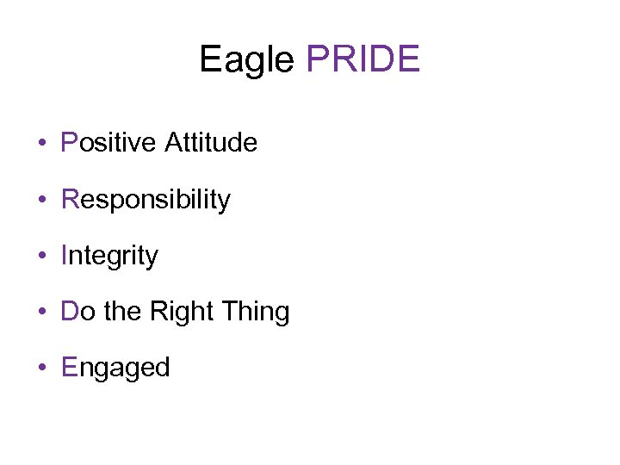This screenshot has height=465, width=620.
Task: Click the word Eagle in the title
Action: point(247,60)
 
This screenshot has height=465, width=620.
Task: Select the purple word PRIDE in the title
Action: point(363,59)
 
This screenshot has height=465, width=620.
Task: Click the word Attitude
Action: point(211,142)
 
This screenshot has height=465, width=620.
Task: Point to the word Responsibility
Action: point(146,200)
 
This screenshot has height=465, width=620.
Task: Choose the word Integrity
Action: point(109,256)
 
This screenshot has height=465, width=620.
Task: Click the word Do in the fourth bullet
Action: point(78,311)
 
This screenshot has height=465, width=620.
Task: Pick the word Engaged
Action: point(115,368)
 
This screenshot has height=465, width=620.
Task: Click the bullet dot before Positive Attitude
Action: point(42,143)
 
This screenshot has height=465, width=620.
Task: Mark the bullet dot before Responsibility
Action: point(42,200)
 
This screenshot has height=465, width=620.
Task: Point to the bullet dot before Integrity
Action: point(42,256)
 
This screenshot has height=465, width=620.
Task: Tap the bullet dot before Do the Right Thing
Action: point(42,312)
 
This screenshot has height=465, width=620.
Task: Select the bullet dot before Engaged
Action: point(42,368)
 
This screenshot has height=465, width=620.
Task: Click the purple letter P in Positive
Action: point(70,142)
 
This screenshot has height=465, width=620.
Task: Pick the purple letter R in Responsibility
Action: point(71,199)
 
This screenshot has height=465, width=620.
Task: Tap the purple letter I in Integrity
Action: point(65,255)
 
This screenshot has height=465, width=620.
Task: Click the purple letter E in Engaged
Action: point(70,367)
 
